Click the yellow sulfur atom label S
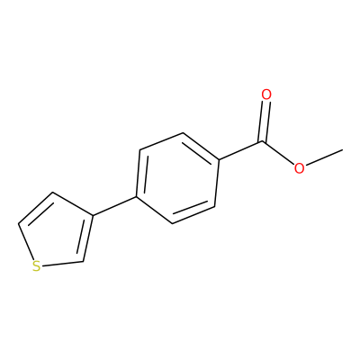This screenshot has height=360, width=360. click(36, 266)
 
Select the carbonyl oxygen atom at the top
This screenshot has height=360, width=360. click(266, 94)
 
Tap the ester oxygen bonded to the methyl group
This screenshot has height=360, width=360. click(299, 168)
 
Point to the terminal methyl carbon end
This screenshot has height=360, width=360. click(343, 149)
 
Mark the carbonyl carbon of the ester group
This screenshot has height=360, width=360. click(263, 141)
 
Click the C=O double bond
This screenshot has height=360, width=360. click(265, 121)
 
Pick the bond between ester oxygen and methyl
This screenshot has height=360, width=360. click(324, 157)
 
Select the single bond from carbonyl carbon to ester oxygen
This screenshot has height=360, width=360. click(278, 153)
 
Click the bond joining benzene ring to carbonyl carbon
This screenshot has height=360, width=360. click(241, 150)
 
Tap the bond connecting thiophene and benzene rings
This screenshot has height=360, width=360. click(114, 206)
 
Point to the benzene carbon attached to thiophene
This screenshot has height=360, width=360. click(137, 197)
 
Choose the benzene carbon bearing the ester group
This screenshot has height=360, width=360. click(220, 159)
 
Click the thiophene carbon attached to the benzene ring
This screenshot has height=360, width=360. click(92, 216)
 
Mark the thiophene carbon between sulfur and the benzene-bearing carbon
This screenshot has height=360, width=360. click(83, 262)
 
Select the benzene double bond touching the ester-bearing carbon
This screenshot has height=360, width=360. click(200, 148)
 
